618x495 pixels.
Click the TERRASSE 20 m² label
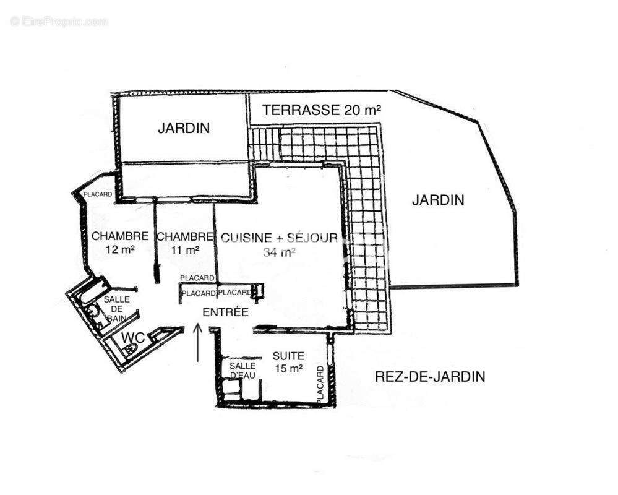pyautogui.click(x=321, y=110)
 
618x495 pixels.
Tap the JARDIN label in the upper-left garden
pyautogui.click(x=183, y=128)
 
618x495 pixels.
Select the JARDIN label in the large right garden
pyautogui.click(x=438, y=200)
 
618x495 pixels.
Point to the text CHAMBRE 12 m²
pyautogui.click(x=120, y=243)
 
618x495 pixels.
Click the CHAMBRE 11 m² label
pyautogui.click(x=184, y=243)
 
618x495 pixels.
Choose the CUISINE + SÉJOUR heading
pyautogui.click(x=279, y=238)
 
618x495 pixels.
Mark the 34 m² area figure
pyautogui.click(x=279, y=252)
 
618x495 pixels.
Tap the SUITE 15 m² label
pyautogui.click(x=288, y=362)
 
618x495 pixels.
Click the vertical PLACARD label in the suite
pyautogui.click(x=320, y=385)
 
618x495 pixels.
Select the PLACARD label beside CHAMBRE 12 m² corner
pyautogui.click(x=98, y=194)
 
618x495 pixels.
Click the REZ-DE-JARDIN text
pyautogui.click(x=430, y=376)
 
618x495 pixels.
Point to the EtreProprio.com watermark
pyautogui.click(x=59, y=21)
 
